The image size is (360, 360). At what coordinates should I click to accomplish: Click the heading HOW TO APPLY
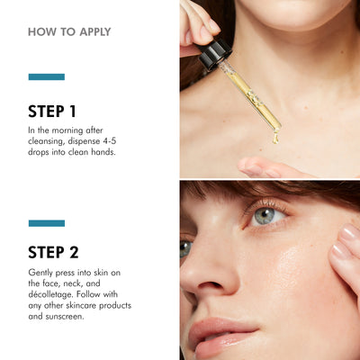tap(69, 31)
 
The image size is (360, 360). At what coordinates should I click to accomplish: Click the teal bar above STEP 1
tap(46, 77)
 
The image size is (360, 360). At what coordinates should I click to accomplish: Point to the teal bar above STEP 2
tap(46, 222)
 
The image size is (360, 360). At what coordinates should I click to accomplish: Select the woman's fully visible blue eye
tap(265, 216)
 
